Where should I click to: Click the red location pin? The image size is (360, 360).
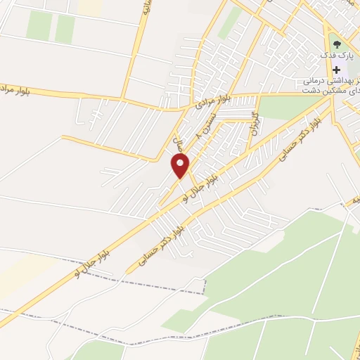tap(181, 166)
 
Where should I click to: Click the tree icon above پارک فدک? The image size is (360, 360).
tap(335, 40)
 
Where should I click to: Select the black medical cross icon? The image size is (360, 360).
tap(336, 69)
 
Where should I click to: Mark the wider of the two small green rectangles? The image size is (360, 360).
tap(39, 26)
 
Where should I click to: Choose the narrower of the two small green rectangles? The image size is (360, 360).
tap(65, 28)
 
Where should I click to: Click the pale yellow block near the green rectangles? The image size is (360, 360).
tap(89, 7)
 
